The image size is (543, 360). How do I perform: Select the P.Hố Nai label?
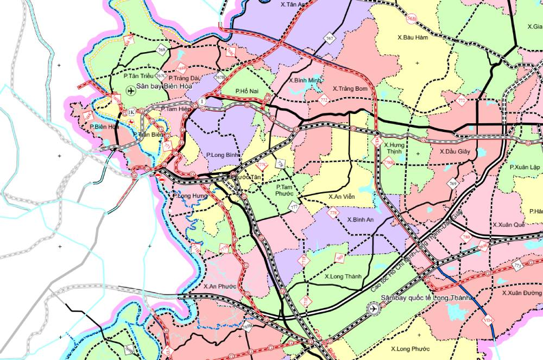249,91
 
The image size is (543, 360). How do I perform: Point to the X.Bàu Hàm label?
414,37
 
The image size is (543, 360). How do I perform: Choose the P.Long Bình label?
223,155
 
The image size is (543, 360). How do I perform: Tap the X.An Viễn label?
342,197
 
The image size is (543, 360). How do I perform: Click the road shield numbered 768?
161,50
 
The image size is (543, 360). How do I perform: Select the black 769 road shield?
453,184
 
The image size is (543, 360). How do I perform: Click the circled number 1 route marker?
202,102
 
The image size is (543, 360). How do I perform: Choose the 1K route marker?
131,112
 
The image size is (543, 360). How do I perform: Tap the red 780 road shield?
466,237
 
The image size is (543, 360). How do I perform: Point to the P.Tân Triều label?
138,77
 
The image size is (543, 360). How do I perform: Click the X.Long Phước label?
410,349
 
